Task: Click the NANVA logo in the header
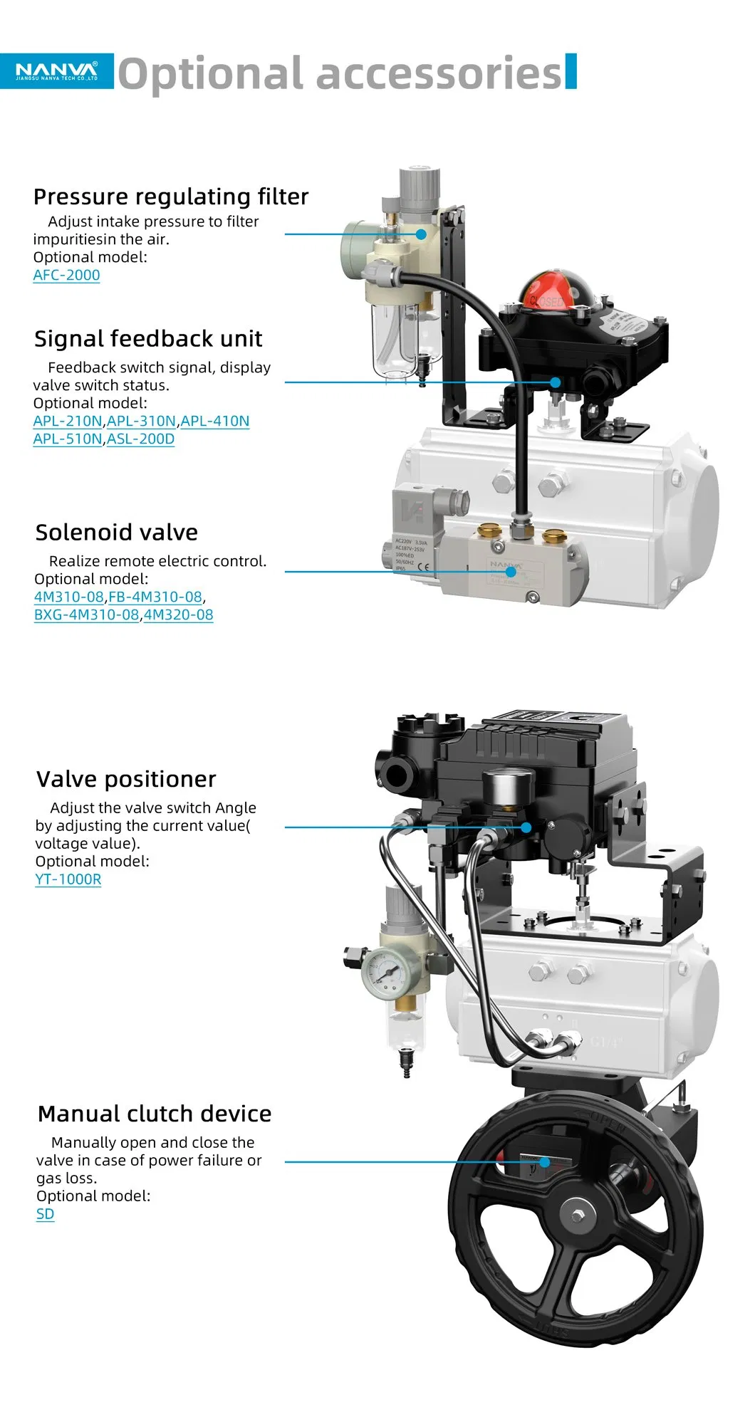click(x=57, y=70)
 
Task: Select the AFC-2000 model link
click(x=66, y=275)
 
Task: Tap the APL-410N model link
click(x=215, y=421)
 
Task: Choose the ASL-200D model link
click(x=140, y=439)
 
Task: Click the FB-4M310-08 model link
click(x=155, y=597)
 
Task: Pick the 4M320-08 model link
click(x=178, y=615)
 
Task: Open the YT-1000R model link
click(x=68, y=879)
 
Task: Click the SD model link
click(x=45, y=1213)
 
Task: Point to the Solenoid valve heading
click(x=117, y=532)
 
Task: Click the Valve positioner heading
click(x=126, y=779)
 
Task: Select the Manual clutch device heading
click(x=155, y=1114)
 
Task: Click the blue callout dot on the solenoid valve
click(x=511, y=571)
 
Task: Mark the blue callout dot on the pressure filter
click(x=421, y=234)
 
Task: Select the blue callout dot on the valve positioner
click(x=526, y=827)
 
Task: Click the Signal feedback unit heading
click(x=148, y=338)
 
